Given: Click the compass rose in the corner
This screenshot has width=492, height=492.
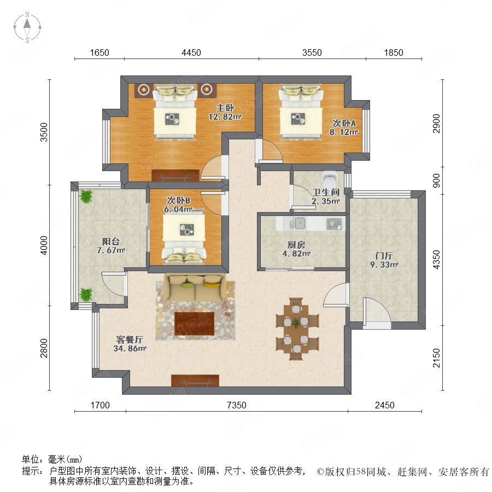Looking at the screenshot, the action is pos(27,27).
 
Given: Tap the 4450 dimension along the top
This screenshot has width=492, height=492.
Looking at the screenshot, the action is pos(191,52).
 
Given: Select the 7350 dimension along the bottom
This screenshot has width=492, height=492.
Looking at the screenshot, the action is pos(237,405).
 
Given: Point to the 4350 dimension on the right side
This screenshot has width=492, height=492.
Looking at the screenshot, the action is pos(436,260).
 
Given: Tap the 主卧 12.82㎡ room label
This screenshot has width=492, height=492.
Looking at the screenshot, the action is pos(225,112).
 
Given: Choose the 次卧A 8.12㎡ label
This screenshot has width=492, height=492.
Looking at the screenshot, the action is pos(344,127).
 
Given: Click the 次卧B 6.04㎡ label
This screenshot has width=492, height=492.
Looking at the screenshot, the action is pos(178,204).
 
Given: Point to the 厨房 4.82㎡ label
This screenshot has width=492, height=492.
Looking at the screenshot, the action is pos(296,249).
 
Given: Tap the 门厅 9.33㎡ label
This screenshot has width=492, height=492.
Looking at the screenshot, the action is pos(384,260).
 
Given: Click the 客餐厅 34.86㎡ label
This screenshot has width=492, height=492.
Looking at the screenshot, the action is pos(130,344).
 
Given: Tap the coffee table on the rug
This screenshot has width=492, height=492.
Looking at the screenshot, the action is pos(195,323).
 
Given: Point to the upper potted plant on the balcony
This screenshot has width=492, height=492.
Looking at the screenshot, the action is pos(86,196).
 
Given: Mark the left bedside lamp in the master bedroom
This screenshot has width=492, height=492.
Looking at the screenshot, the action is pos(144,90).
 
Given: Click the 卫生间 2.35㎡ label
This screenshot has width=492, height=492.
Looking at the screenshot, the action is pos(326,197).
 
